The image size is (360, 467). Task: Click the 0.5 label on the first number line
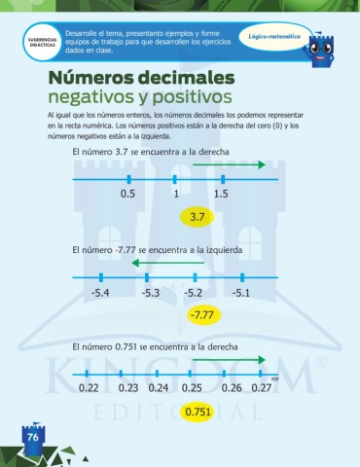point(127,194)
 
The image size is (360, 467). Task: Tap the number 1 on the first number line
point(177,194)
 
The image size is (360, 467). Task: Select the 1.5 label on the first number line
point(221,194)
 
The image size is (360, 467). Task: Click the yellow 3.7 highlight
point(198,216)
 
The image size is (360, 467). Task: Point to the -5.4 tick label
point(99,292)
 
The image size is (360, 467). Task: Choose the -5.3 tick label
point(150,292)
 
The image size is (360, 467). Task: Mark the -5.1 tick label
point(241,292)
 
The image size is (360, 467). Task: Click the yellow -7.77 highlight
point(203,314)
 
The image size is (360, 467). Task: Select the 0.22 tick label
point(89,388)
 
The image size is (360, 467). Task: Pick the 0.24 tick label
point(161,388)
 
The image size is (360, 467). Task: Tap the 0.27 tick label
point(261,388)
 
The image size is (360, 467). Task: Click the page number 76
point(32,438)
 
